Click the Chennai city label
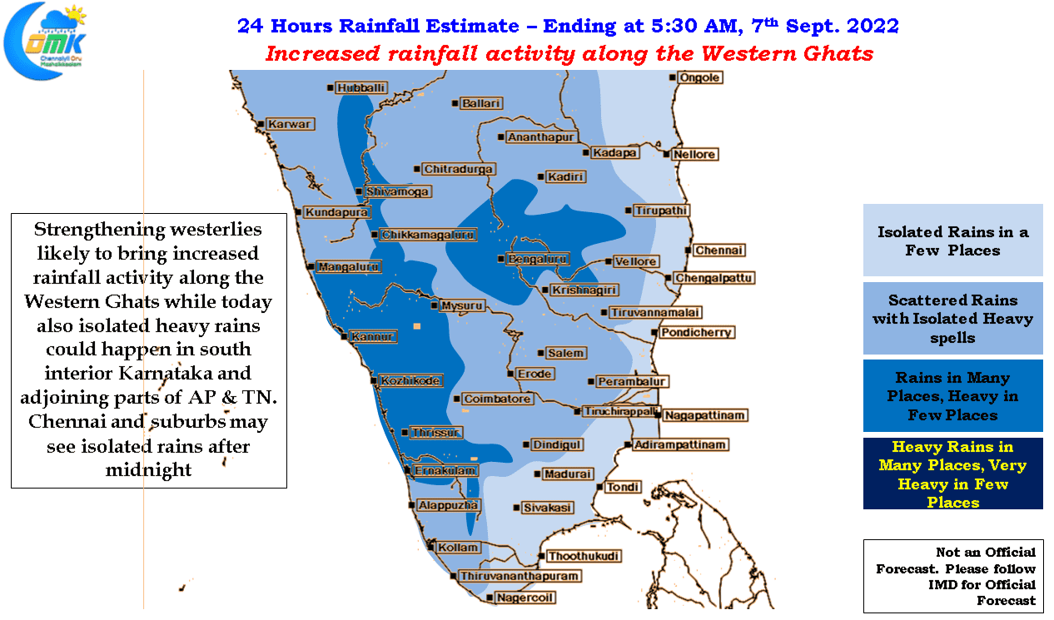719,250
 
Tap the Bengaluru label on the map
537,259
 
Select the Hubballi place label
360,88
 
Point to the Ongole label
699,77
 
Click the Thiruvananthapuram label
520,576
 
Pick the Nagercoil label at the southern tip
525,598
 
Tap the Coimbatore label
497,399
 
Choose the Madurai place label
568,474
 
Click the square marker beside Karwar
261,124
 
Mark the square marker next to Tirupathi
629,211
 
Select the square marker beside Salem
540,353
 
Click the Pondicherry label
696,333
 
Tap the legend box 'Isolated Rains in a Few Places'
952,240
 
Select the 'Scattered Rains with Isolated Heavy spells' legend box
952,319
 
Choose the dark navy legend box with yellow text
952,474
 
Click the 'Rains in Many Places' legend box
952,395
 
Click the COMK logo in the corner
46,41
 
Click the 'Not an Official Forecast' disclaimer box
953,576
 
